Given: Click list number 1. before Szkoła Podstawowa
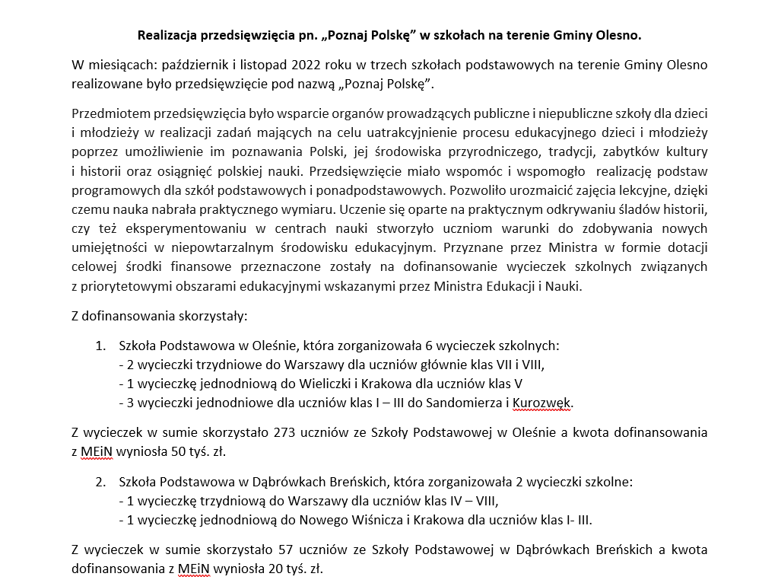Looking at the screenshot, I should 100,346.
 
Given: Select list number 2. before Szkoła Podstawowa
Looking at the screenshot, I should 100,483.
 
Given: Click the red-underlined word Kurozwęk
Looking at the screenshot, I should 541,402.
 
